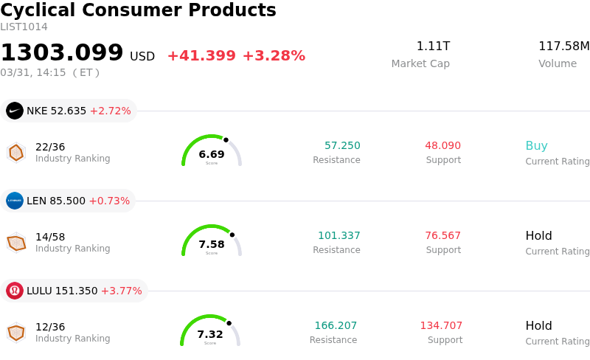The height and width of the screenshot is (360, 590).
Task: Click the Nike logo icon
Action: pyautogui.click(x=15, y=111)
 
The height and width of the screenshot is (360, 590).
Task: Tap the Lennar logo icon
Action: pyautogui.click(x=15, y=201)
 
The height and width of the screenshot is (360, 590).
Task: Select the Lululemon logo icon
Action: pyautogui.click(x=15, y=291)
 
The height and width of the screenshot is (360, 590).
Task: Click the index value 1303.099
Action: pyautogui.click(x=62, y=53)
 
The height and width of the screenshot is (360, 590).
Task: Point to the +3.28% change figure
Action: pyautogui.click(x=274, y=56)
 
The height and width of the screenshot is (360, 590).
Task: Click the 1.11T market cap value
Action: pyautogui.click(x=433, y=46)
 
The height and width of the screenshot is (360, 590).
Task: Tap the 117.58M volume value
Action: pyautogui.click(x=563, y=46)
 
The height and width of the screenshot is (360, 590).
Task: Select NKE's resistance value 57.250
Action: pyautogui.click(x=342, y=146)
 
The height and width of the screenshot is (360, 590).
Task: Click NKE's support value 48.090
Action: pyautogui.click(x=442, y=146)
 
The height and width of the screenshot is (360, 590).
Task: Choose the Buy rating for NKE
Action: pyautogui.click(x=536, y=146)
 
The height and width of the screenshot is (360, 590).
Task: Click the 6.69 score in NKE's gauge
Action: pyautogui.click(x=212, y=154)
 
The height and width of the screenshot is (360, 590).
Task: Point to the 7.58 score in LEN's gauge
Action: pyautogui.click(x=212, y=244)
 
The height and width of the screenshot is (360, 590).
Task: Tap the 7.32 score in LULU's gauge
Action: pyautogui.click(x=210, y=334)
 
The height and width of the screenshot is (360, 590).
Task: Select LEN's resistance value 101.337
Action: pyautogui.click(x=339, y=236)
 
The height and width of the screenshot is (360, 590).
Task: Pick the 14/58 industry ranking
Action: pyautogui.click(x=50, y=237)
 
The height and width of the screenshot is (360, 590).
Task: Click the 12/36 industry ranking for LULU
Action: pyautogui.click(x=50, y=327)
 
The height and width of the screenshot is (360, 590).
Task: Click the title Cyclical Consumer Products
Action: pyautogui.click(x=138, y=10)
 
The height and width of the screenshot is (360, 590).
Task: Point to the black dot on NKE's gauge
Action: pyautogui.click(x=226, y=139)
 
